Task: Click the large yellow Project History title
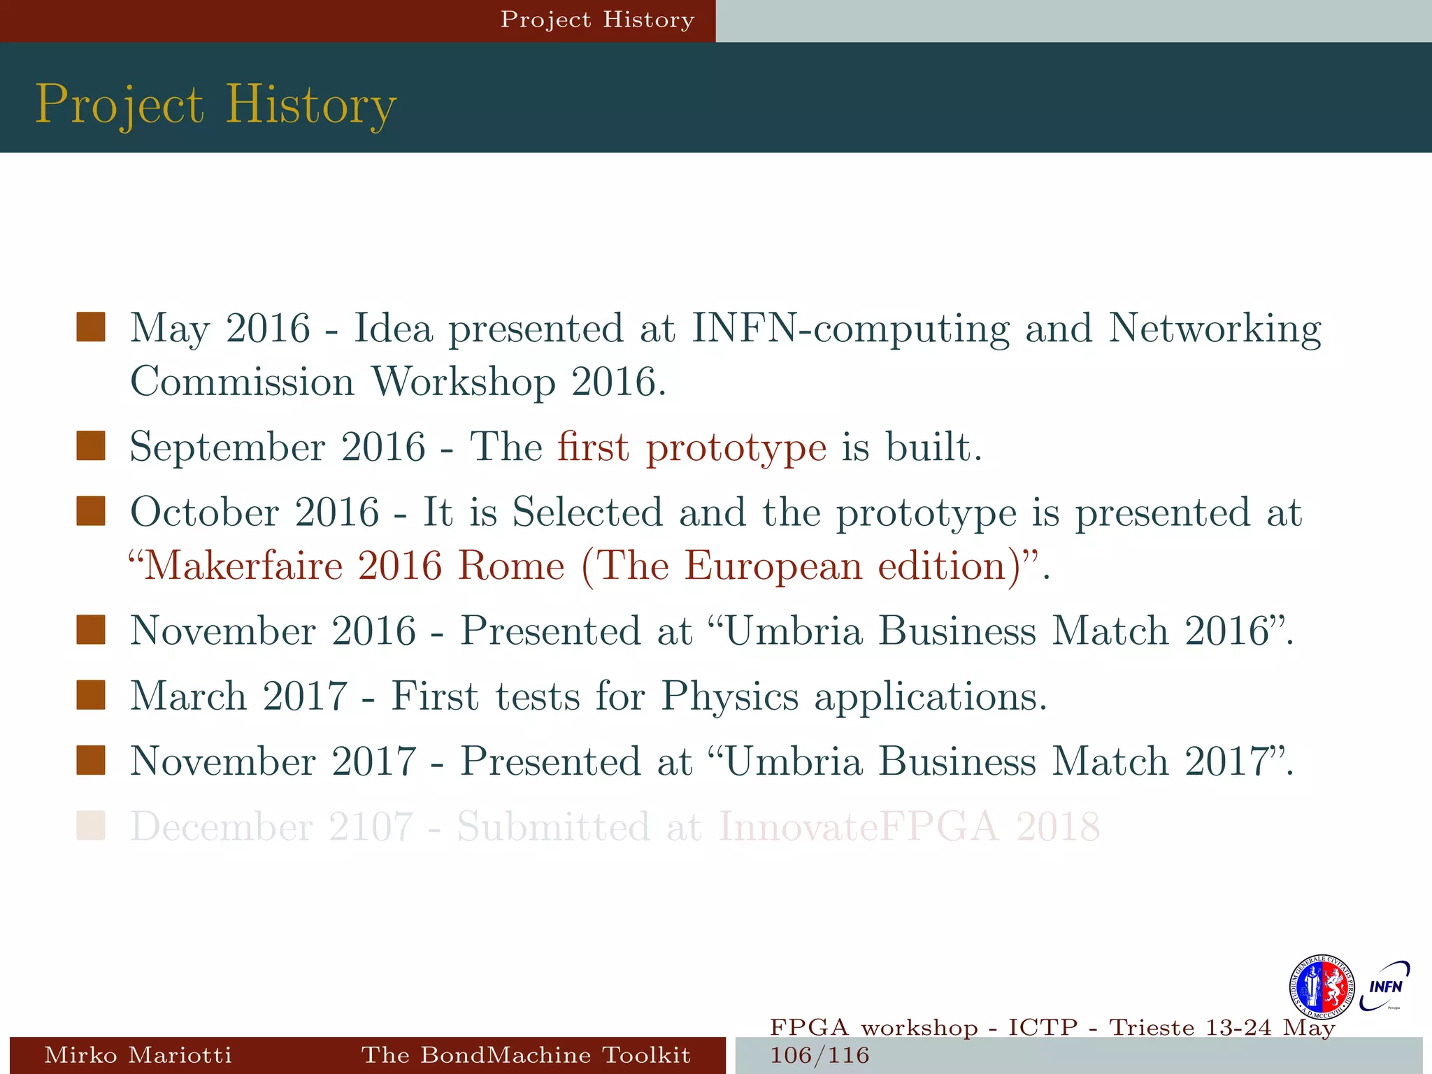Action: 216,105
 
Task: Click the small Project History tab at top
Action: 597,20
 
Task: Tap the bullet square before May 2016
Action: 91,327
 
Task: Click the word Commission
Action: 243,382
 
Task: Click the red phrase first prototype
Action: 692,447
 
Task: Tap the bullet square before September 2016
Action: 91,446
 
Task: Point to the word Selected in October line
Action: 587,513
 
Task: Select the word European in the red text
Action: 773,566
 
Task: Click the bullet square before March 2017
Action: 91,695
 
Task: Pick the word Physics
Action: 729,697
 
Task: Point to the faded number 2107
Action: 371,827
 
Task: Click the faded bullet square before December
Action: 91,825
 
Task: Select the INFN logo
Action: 1384,987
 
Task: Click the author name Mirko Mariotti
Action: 138,1054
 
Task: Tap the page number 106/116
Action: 819,1055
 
